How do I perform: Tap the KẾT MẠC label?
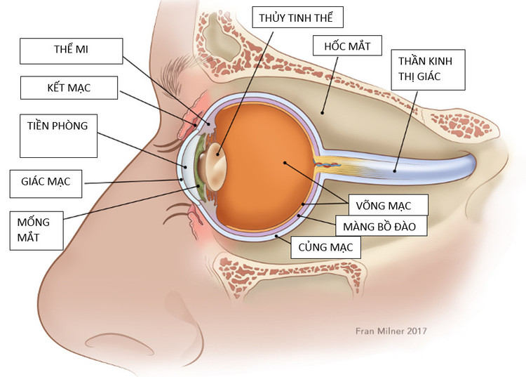pyautogui.click(x=70, y=89)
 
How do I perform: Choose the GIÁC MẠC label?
pyautogui.click(x=46, y=183)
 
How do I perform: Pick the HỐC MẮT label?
pyautogui.click(x=347, y=48)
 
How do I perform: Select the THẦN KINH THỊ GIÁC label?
pyautogui.click(x=429, y=69)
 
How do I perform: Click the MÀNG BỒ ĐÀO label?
pyautogui.click(x=378, y=226)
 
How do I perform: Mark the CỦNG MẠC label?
pyautogui.click(x=325, y=247)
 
